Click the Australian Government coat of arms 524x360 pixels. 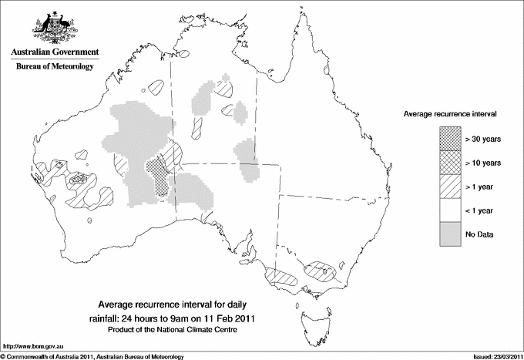pyautogui.click(x=55, y=25)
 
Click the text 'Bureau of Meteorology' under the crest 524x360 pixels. pyautogui.click(x=55, y=67)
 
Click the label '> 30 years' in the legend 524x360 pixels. pyautogui.click(x=483, y=139)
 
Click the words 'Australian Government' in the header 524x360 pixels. pyautogui.click(x=55, y=52)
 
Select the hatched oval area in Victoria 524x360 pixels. pyautogui.click(x=321, y=271)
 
